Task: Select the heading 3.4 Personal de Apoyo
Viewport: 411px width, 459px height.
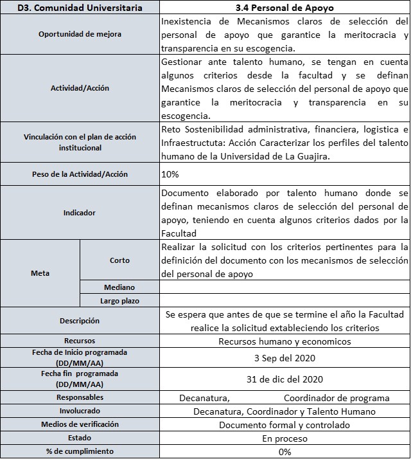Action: click(284, 8)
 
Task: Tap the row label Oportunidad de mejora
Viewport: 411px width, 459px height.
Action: click(80, 34)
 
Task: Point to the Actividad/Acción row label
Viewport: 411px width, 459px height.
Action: click(80, 88)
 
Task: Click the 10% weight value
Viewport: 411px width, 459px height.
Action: click(171, 174)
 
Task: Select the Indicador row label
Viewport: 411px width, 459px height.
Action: click(80, 212)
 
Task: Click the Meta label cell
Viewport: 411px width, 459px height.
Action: click(40, 273)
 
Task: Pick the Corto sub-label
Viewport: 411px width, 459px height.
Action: click(119, 260)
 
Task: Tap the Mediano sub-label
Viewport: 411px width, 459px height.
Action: click(119, 287)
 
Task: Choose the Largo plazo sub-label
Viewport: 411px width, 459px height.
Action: click(119, 300)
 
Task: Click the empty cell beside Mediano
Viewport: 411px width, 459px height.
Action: click(284, 287)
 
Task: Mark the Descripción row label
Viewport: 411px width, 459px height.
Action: click(80, 320)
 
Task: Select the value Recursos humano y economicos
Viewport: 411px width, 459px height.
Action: click(284, 341)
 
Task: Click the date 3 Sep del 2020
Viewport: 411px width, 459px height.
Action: click(284, 357)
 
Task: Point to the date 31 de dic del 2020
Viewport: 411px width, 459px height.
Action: click(284, 379)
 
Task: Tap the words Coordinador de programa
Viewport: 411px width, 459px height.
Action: click(337, 398)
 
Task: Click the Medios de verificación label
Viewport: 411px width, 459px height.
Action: click(80, 424)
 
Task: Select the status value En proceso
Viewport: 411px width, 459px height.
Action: click(284, 438)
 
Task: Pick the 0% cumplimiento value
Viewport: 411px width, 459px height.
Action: click(284, 452)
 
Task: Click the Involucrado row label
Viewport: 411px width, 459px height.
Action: click(80, 411)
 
